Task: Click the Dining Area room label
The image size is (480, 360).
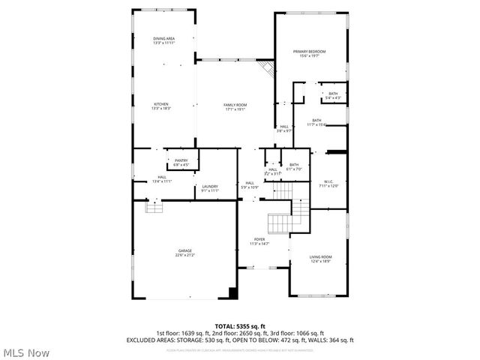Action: (164, 37)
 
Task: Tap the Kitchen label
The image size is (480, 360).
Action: (162, 104)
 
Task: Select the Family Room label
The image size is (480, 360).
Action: (235, 104)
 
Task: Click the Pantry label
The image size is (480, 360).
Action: (181, 160)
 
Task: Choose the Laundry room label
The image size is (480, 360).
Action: (209, 187)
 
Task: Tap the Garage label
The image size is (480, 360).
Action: (184, 250)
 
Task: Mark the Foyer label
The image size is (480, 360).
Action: (259, 238)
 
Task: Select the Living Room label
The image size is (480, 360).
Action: (320, 257)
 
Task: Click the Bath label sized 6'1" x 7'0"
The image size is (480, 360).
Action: (294, 165)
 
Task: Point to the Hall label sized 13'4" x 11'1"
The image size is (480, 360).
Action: (162, 177)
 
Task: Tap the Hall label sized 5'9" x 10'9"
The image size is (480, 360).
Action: (250, 183)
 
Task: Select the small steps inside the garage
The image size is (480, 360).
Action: (153, 205)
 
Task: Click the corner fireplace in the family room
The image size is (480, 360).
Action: (265, 68)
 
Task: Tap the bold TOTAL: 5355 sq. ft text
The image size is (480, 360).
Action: (239, 325)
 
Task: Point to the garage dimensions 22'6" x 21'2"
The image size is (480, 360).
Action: (184, 255)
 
